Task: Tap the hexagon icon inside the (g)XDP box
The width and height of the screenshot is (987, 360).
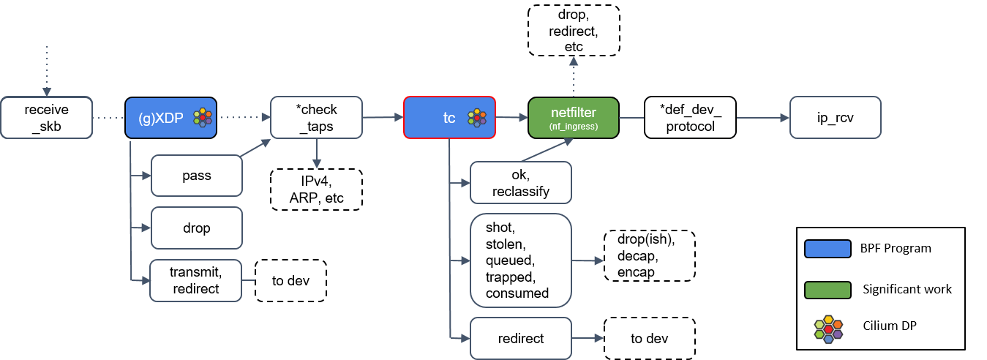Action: point(203,117)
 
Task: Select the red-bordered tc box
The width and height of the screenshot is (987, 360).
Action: point(449,117)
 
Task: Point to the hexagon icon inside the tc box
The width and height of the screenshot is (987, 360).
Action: point(477,117)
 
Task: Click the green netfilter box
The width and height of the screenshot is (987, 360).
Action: point(574,117)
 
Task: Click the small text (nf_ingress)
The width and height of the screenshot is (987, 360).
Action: point(574,127)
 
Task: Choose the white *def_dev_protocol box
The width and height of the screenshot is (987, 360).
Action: point(689,117)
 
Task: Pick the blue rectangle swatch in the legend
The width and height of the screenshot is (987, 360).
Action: point(827,249)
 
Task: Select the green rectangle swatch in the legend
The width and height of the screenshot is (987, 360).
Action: point(827,290)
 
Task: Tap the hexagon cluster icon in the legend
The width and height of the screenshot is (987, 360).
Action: point(828,329)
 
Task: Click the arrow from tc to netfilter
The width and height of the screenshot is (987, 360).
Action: point(512,117)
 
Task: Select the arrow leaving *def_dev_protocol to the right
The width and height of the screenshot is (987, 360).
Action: point(761,117)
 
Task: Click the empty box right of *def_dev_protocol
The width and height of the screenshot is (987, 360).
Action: point(835,117)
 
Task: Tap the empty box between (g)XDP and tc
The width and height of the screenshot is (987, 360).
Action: point(316,117)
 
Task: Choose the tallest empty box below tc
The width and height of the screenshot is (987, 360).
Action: point(520,260)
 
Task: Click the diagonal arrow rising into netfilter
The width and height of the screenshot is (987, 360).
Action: point(547,150)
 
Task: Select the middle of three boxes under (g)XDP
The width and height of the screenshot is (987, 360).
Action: point(196,228)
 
